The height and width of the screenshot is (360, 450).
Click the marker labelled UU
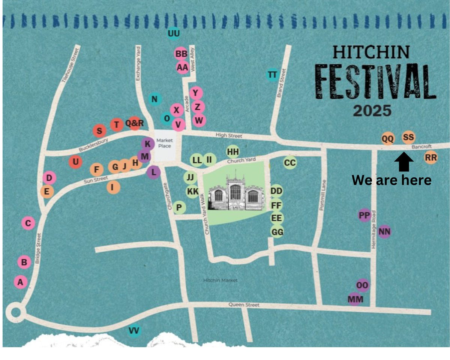coord(174,33)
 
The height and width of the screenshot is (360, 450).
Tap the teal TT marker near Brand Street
coord(273,75)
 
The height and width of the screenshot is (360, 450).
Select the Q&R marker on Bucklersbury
coord(134,123)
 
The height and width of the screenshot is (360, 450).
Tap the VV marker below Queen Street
coord(133,331)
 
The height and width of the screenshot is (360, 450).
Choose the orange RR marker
coord(431,158)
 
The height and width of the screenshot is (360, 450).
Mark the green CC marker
coord(289,163)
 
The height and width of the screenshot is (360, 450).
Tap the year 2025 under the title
coord(372,111)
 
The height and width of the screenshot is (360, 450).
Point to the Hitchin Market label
coord(220,280)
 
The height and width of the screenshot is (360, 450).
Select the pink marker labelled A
coord(21,281)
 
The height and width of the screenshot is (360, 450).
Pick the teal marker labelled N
coord(154,99)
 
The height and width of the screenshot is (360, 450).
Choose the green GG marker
coord(277,232)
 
